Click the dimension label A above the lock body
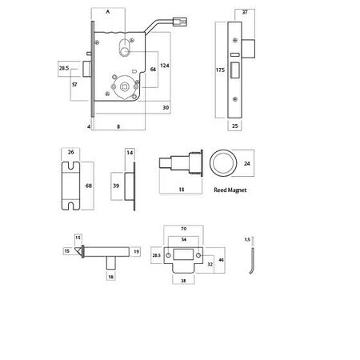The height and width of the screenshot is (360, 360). coord(108,12)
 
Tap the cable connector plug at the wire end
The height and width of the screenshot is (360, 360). coord(180,22)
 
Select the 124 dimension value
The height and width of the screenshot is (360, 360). coord(165,66)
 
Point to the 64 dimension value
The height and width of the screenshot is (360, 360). coord(153,70)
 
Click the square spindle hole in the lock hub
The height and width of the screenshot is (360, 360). coord(124,86)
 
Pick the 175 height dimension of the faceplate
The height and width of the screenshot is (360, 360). coord(220,70)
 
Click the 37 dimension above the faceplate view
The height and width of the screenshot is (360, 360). coord(245,12)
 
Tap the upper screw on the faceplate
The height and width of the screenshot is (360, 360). coord(235,40)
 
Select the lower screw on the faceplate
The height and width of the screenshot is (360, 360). coord(235,99)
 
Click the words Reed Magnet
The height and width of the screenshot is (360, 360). coord(230,190)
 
